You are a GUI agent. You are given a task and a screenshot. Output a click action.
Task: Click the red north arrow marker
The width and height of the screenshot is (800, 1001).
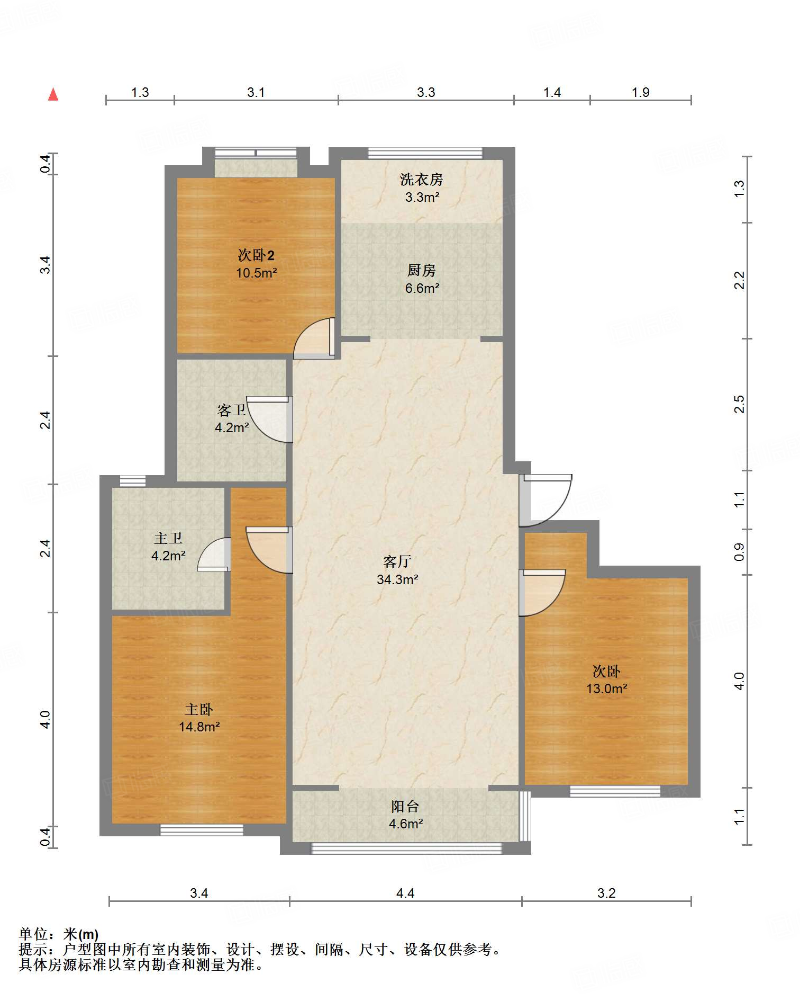tap(53, 94)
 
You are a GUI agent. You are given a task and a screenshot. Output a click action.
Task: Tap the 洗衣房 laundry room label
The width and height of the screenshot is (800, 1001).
tap(421, 180)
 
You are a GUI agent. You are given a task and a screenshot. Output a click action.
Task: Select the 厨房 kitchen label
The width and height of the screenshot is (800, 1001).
tap(421, 271)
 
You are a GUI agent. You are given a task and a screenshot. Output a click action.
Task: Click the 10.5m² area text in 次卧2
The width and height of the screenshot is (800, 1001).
tap(257, 273)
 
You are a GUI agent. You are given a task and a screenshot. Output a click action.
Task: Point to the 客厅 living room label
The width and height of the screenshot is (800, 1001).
tap(397, 561)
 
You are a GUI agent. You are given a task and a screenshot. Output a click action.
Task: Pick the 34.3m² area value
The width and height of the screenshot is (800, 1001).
tap(397, 579)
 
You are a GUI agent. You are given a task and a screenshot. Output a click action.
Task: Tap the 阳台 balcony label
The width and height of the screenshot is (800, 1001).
tap(405, 806)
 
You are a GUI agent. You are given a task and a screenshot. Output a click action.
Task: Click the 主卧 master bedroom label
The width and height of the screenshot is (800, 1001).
tap(199, 709)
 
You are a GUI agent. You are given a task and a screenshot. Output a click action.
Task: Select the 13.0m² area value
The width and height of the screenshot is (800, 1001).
tap(606, 689)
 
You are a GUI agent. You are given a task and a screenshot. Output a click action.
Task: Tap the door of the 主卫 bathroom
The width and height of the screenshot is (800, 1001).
tap(214, 555)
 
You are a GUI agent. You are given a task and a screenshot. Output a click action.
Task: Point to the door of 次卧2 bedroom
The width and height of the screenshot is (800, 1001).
tap(314, 338)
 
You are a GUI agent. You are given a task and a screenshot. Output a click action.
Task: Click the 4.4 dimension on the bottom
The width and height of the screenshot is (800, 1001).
tap(405, 893)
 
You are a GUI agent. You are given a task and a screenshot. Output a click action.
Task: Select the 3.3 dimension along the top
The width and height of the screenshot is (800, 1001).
tap(426, 92)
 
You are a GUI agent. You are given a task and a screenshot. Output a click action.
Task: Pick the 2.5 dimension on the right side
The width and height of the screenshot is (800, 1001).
tap(739, 404)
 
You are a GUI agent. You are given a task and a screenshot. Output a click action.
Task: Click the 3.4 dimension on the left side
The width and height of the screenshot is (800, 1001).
tap(46, 265)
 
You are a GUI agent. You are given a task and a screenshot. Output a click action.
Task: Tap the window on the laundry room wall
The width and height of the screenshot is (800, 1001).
tap(425, 154)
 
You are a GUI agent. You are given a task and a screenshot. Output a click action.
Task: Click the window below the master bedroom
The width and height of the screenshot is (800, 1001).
tap(202, 830)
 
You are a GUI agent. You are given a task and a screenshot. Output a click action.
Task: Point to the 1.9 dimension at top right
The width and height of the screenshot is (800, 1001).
tap(641, 92)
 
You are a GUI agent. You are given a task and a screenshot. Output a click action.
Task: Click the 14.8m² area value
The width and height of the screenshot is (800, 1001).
tap(199, 727)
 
